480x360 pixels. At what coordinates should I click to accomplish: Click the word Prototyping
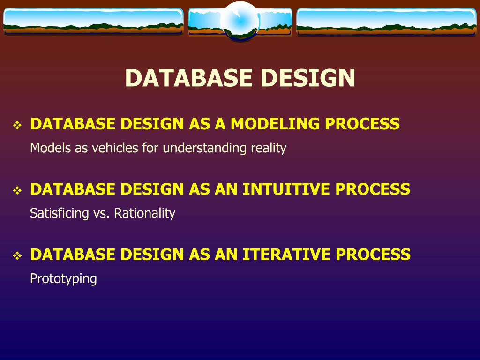pos(63,279)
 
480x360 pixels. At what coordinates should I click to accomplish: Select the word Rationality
pos(145,214)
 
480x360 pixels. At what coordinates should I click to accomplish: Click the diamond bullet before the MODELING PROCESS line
pos(17,126)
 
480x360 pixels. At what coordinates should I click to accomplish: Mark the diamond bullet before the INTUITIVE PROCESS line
pos(17,191)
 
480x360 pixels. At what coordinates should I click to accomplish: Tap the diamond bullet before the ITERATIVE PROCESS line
pos(17,256)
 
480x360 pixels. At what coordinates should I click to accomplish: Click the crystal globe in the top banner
pos(240,21)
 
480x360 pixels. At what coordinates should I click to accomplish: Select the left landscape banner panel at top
pos(93,22)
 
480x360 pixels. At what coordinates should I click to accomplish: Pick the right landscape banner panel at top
pos(386,22)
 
